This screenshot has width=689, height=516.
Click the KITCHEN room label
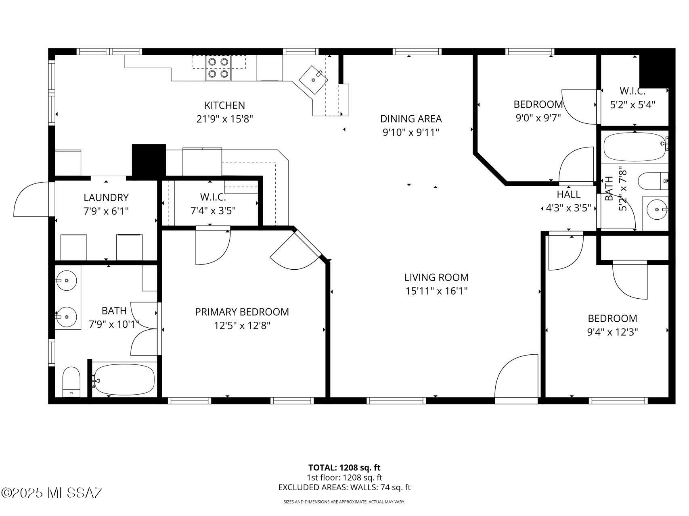pos(224,105)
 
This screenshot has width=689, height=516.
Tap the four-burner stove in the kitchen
pos(218,68)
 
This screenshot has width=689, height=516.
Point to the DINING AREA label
pos(411,119)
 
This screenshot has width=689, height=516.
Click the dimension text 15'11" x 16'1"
pos(436,291)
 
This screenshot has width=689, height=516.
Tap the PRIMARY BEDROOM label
pos(242,312)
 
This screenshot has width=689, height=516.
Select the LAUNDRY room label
pos(106,198)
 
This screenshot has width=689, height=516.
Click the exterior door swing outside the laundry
pos(31,200)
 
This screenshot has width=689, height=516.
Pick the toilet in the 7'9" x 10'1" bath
pos(71,381)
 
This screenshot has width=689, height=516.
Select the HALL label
pos(568,194)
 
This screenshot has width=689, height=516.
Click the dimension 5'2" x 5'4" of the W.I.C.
pos(632,105)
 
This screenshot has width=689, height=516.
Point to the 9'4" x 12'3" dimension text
pos(612,332)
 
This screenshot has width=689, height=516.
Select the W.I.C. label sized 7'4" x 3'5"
pos(213,197)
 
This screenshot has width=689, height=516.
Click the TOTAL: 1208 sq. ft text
pos(344,468)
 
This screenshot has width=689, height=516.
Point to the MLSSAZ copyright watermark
pos(52,493)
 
